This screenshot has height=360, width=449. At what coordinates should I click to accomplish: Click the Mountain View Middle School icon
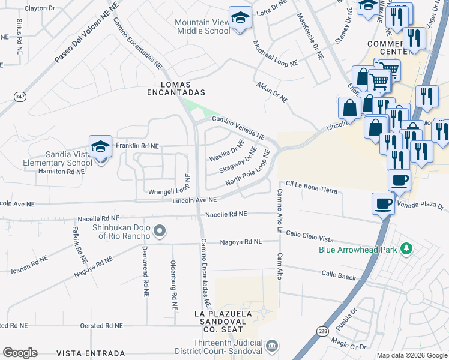point(240,18)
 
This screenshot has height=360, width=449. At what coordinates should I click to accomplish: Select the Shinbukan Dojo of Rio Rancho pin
point(160,231)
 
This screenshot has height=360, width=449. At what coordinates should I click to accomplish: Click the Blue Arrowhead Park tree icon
point(406,248)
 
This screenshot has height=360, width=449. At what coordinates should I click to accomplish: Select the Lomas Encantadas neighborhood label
point(177,88)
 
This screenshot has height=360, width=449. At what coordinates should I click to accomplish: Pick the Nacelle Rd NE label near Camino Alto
point(226,214)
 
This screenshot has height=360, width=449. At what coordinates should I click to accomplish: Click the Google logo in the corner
point(20,353)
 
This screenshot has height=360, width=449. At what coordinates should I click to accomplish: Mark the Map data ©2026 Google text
point(412,355)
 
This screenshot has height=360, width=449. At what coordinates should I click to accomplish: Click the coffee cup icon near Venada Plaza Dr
point(383,204)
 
